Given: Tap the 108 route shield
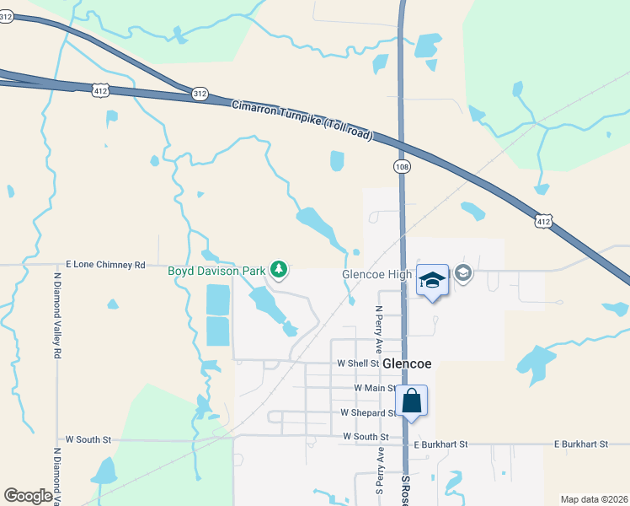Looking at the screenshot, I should [x=403, y=167].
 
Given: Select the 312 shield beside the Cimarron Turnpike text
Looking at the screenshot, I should [x=200, y=94].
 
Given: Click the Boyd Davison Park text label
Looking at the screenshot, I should [x=216, y=271].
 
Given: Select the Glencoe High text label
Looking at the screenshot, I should [x=376, y=275].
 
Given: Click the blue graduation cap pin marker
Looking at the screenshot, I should [x=432, y=280].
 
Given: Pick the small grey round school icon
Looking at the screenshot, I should [x=462, y=273].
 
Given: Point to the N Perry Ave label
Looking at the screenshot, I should [x=378, y=330].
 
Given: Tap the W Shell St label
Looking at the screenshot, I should [x=358, y=363].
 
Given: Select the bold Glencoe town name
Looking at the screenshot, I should [x=407, y=363].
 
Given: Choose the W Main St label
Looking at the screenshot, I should [x=376, y=388].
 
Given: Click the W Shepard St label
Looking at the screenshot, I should [x=368, y=412].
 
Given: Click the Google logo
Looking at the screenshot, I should [x=28, y=496].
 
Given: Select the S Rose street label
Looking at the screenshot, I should [x=405, y=489].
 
